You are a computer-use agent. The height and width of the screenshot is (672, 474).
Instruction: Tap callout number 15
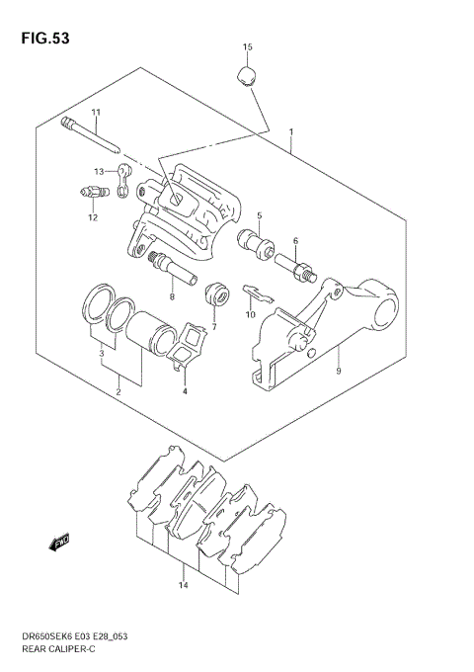point(248,47)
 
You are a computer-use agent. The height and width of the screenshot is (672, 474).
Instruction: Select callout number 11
point(97,112)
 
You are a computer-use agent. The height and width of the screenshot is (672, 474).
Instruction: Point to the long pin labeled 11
point(92,136)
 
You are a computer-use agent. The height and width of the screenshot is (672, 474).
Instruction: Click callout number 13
point(99,170)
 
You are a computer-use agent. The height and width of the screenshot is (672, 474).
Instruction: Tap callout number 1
point(291,131)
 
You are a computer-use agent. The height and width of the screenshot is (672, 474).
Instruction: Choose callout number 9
point(339,372)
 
